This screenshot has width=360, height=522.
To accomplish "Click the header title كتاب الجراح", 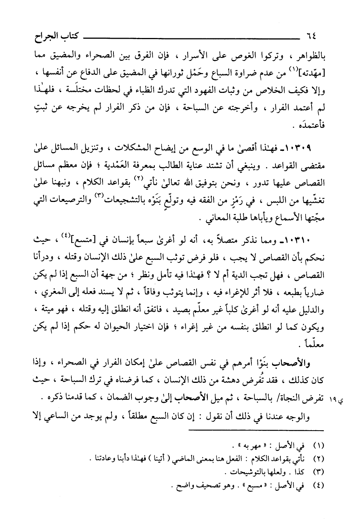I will click(x=45, y=37).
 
